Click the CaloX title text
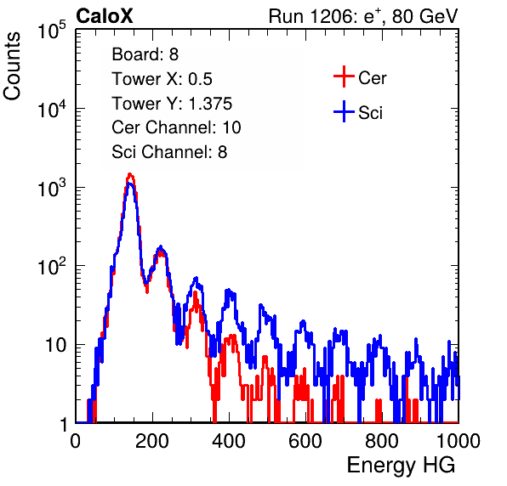tap(104, 16)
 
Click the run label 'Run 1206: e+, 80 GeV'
tap(363, 16)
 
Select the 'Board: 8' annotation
tap(145, 54)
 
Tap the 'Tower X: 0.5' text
tap(162, 79)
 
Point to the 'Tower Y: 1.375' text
tap(172, 104)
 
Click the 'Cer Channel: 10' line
tap(176, 127)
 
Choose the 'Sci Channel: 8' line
tap(169, 152)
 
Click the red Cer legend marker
tap(344, 76)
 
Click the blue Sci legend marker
tap(344, 112)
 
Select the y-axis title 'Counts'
tap(12, 66)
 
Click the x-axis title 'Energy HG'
tap(401, 466)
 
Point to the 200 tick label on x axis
tap(152, 441)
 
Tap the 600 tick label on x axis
tap(305, 441)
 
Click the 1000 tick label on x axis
tap(459, 441)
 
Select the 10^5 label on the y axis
tap(52, 31)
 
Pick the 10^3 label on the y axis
tap(52, 189)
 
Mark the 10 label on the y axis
tap(55, 346)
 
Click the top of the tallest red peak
tap(129, 174)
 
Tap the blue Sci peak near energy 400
tap(229, 291)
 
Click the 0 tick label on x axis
tap(76, 441)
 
